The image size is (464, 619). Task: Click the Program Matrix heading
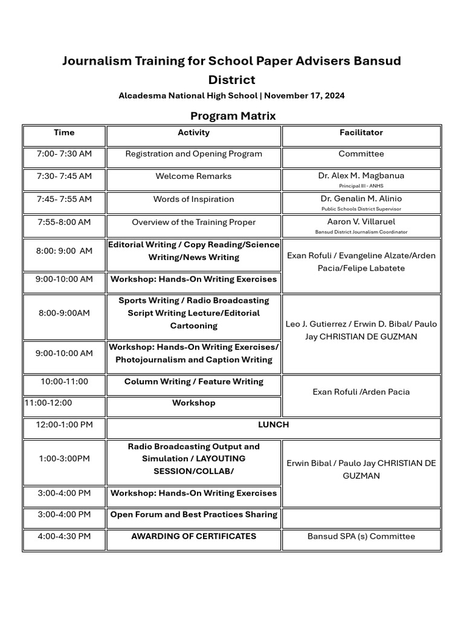(x=233, y=115)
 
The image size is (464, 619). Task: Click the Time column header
(x=64, y=132)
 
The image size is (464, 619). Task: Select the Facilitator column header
(x=361, y=132)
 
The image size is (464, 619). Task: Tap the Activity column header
(x=193, y=132)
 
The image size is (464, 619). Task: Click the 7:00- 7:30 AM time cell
(x=64, y=154)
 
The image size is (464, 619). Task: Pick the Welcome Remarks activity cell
(x=193, y=177)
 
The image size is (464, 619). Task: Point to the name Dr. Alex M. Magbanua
(x=361, y=175)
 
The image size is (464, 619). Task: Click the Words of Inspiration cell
(x=193, y=199)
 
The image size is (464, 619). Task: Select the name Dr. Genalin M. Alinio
(x=361, y=198)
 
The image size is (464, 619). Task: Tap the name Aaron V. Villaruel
(x=361, y=222)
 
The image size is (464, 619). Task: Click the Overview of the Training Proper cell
(x=193, y=222)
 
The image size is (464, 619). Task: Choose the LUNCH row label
(x=274, y=425)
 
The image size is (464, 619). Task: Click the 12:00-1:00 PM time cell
(x=64, y=425)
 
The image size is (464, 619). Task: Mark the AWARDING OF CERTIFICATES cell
(x=193, y=536)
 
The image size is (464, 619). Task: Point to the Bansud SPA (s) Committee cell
(x=361, y=536)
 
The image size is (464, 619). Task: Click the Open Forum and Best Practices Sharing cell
(x=193, y=514)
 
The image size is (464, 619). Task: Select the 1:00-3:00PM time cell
(x=64, y=459)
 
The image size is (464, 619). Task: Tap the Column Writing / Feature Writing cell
(x=193, y=381)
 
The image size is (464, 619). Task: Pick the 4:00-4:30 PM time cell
(x=64, y=536)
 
